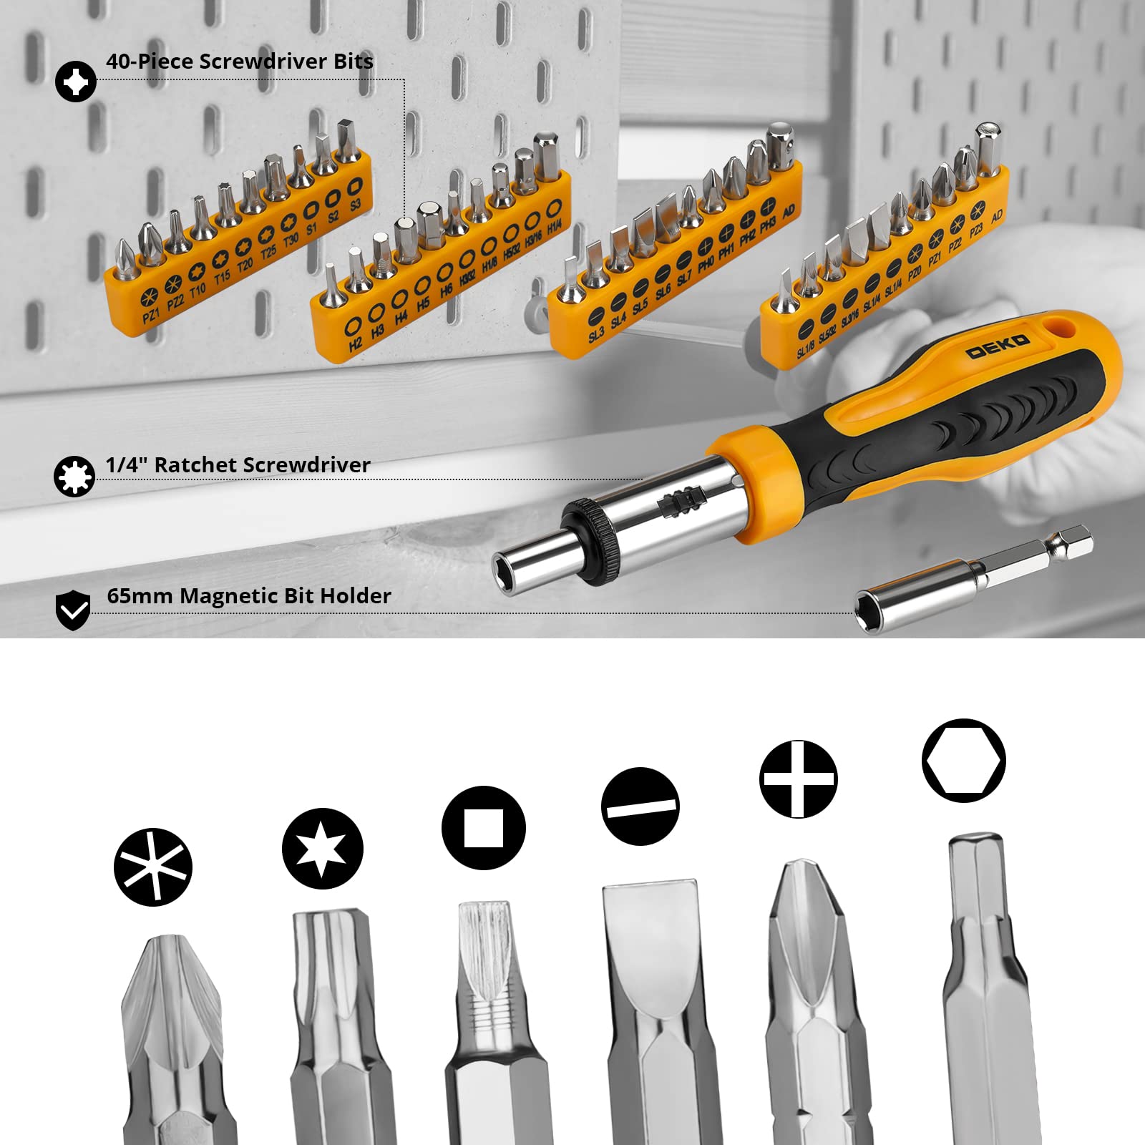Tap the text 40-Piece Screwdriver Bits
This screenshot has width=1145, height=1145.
pyautogui.click(x=240, y=62)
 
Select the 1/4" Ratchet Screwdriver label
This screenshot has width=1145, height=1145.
pyautogui.click(x=238, y=465)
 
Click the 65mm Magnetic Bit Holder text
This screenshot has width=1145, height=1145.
pyautogui.click(x=249, y=596)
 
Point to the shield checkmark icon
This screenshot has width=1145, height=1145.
pyautogui.click(x=73, y=610)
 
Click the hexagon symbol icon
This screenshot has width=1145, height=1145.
pyautogui.click(x=964, y=761)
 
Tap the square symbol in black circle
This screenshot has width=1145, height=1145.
pyautogui.click(x=484, y=828)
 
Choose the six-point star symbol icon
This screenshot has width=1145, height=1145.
pyautogui.click(x=323, y=849)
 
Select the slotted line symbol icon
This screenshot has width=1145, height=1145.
pyautogui.click(x=640, y=807)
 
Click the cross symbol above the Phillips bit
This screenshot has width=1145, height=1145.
pyautogui.click(x=799, y=779)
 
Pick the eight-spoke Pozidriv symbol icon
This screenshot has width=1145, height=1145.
pyautogui.click(x=153, y=867)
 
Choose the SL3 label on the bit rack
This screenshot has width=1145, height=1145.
pyautogui.click(x=595, y=334)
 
